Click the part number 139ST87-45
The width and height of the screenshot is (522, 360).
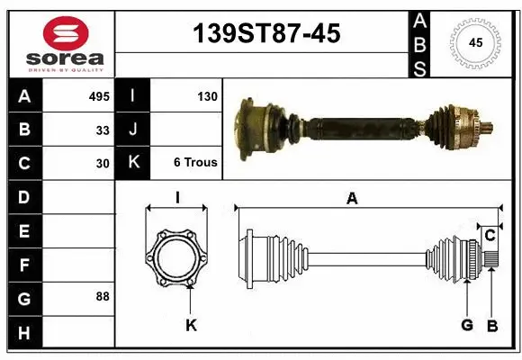coord(267,33)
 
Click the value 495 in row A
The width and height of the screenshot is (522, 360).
coord(99,95)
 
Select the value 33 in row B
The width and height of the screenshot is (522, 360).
coord(103,130)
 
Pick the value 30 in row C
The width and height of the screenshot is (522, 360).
coord(103,164)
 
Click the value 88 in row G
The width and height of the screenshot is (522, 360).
coord(103,296)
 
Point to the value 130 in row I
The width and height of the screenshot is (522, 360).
coord(206,95)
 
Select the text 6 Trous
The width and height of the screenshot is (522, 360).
coord(194,163)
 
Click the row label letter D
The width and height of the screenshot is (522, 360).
coord(23,196)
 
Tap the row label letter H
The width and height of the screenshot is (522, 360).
coord(23,333)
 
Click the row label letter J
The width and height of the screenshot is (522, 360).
coord(133,130)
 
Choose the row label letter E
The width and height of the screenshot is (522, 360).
coord(23,231)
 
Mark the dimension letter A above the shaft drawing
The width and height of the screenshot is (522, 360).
coord(352,199)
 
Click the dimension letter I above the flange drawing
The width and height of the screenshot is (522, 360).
coord(178,198)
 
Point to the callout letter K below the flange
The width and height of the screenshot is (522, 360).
coord(191,325)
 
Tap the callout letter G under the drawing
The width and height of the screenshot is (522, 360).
coord(467,325)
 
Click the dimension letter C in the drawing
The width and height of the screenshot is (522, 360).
coord(490,236)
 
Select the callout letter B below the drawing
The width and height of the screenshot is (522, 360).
coord(491,325)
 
